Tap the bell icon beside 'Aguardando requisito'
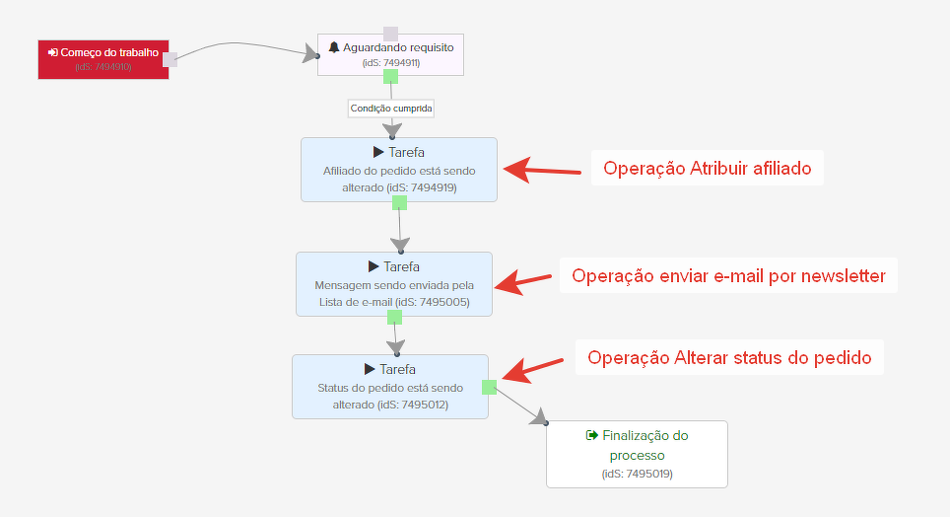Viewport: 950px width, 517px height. (x=334, y=46)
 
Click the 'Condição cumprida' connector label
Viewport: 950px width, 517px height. (x=391, y=109)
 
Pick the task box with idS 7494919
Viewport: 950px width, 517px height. (x=399, y=168)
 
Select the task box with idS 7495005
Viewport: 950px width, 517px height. (x=394, y=282)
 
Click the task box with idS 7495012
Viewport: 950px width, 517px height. (x=390, y=386)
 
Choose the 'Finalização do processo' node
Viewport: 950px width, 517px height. (x=637, y=454)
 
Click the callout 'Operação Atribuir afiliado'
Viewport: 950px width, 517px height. (x=708, y=169)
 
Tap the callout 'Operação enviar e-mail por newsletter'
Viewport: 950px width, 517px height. (x=728, y=276)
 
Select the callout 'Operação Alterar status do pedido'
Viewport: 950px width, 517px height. (x=729, y=357)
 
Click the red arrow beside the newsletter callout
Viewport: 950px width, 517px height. (x=522, y=281)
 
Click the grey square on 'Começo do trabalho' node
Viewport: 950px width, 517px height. (x=170, y=59)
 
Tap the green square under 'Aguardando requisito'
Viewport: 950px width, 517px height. (x=391, y=76)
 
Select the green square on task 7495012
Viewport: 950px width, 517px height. (x=489, y=387)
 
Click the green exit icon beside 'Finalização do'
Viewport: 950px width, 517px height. (x=591, y=435)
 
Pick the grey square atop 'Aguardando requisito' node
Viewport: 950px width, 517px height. (x=391, y=34)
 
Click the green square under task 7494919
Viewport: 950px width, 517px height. (x=399, y=202)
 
